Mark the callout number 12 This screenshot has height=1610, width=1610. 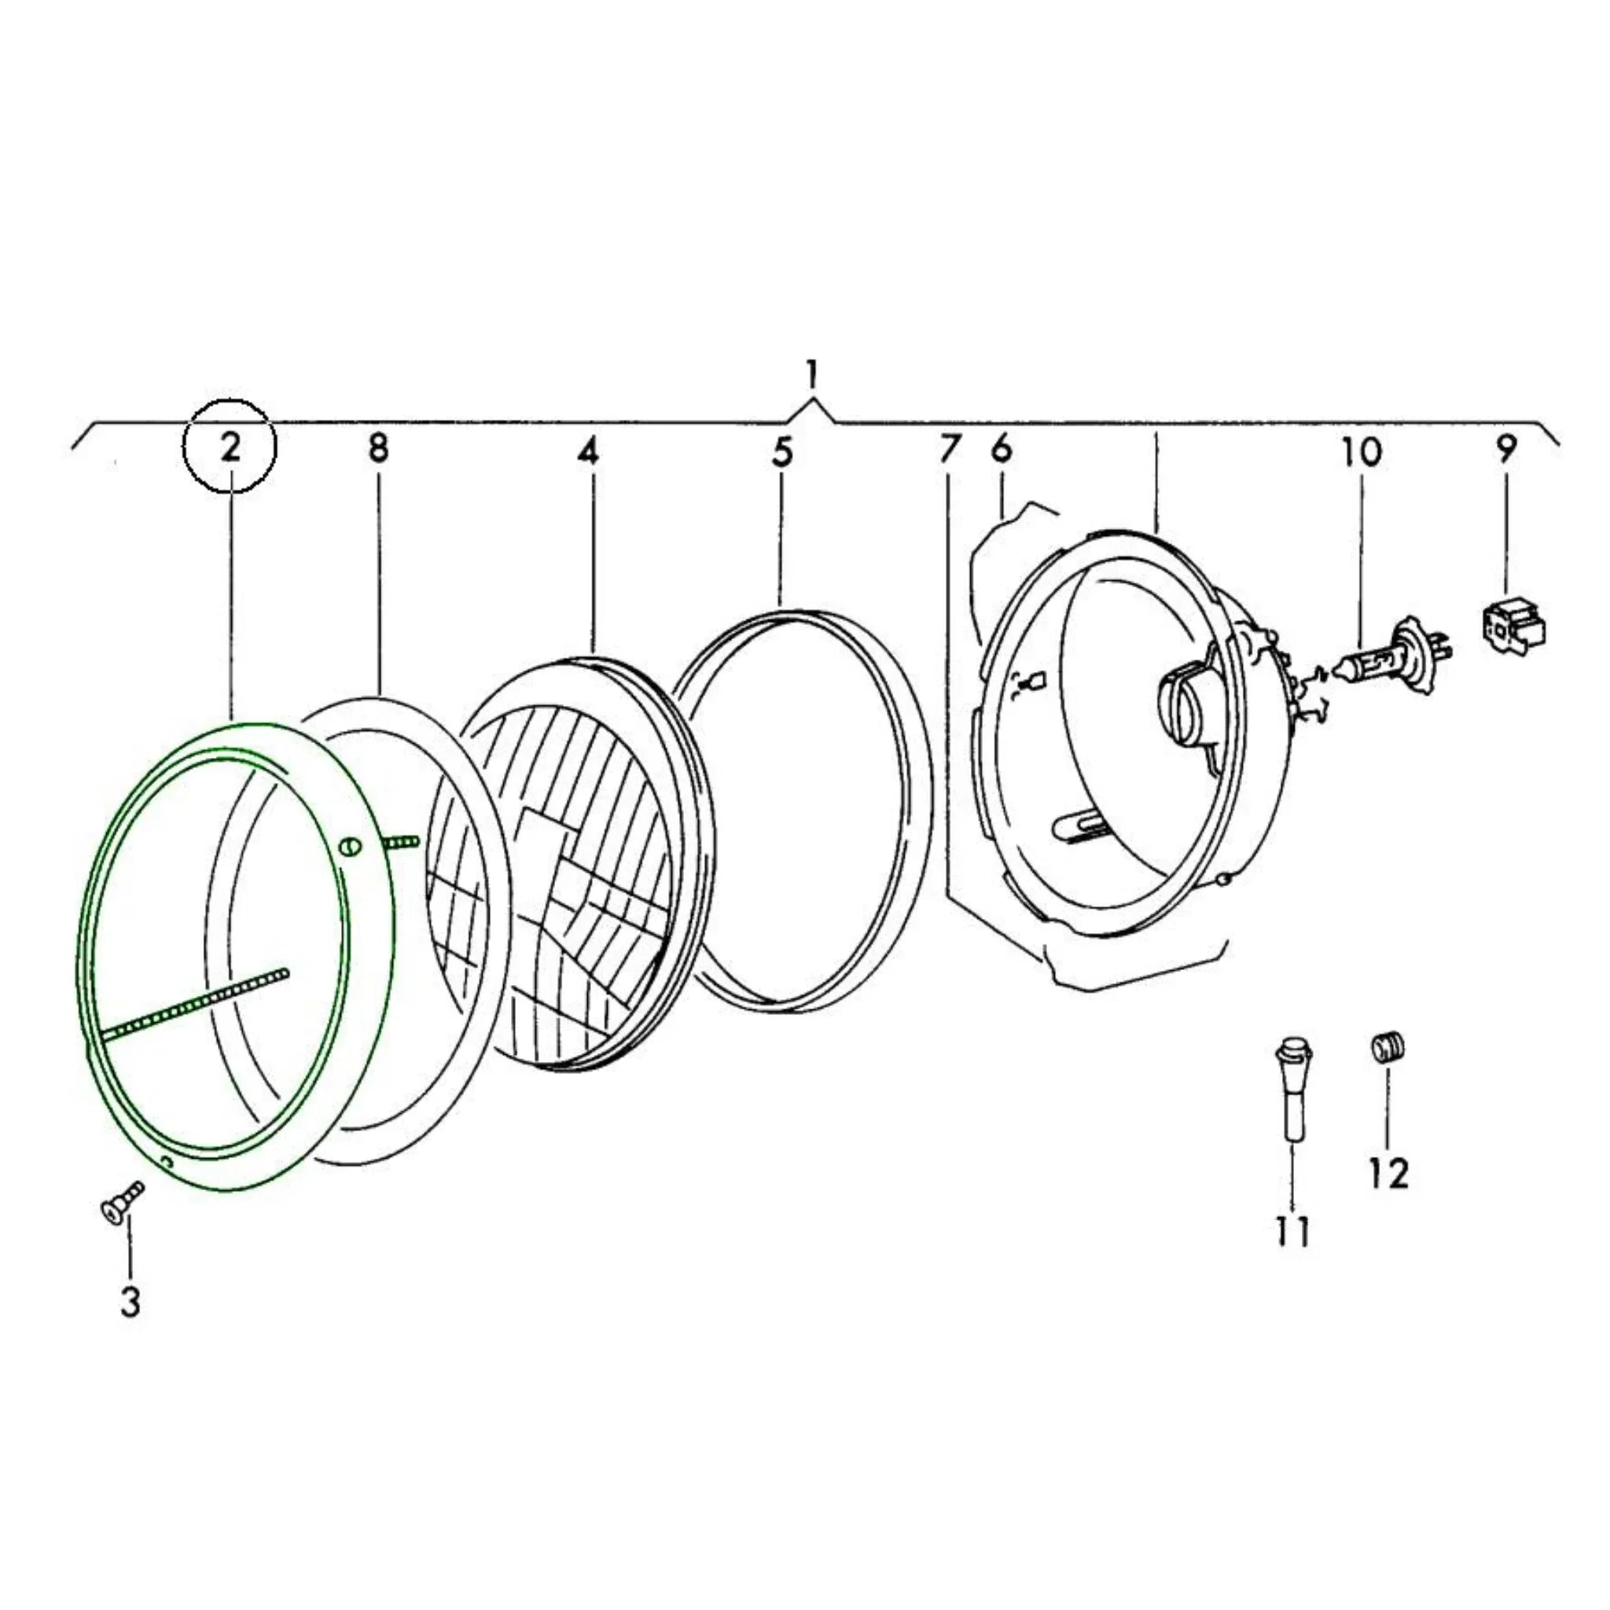click(x=1389, y=1174)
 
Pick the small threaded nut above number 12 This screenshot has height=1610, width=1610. click(x=1388, y=1046)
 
